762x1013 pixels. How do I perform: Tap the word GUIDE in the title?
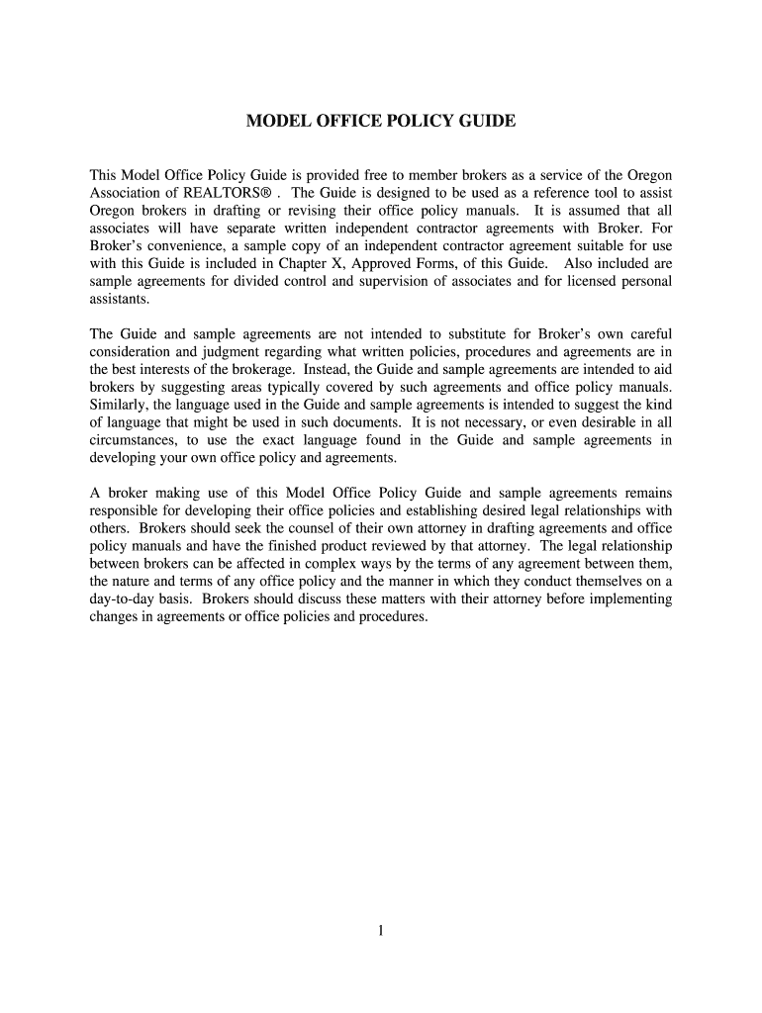(x=483, y=122)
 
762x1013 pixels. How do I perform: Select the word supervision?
(x=377, y=281)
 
